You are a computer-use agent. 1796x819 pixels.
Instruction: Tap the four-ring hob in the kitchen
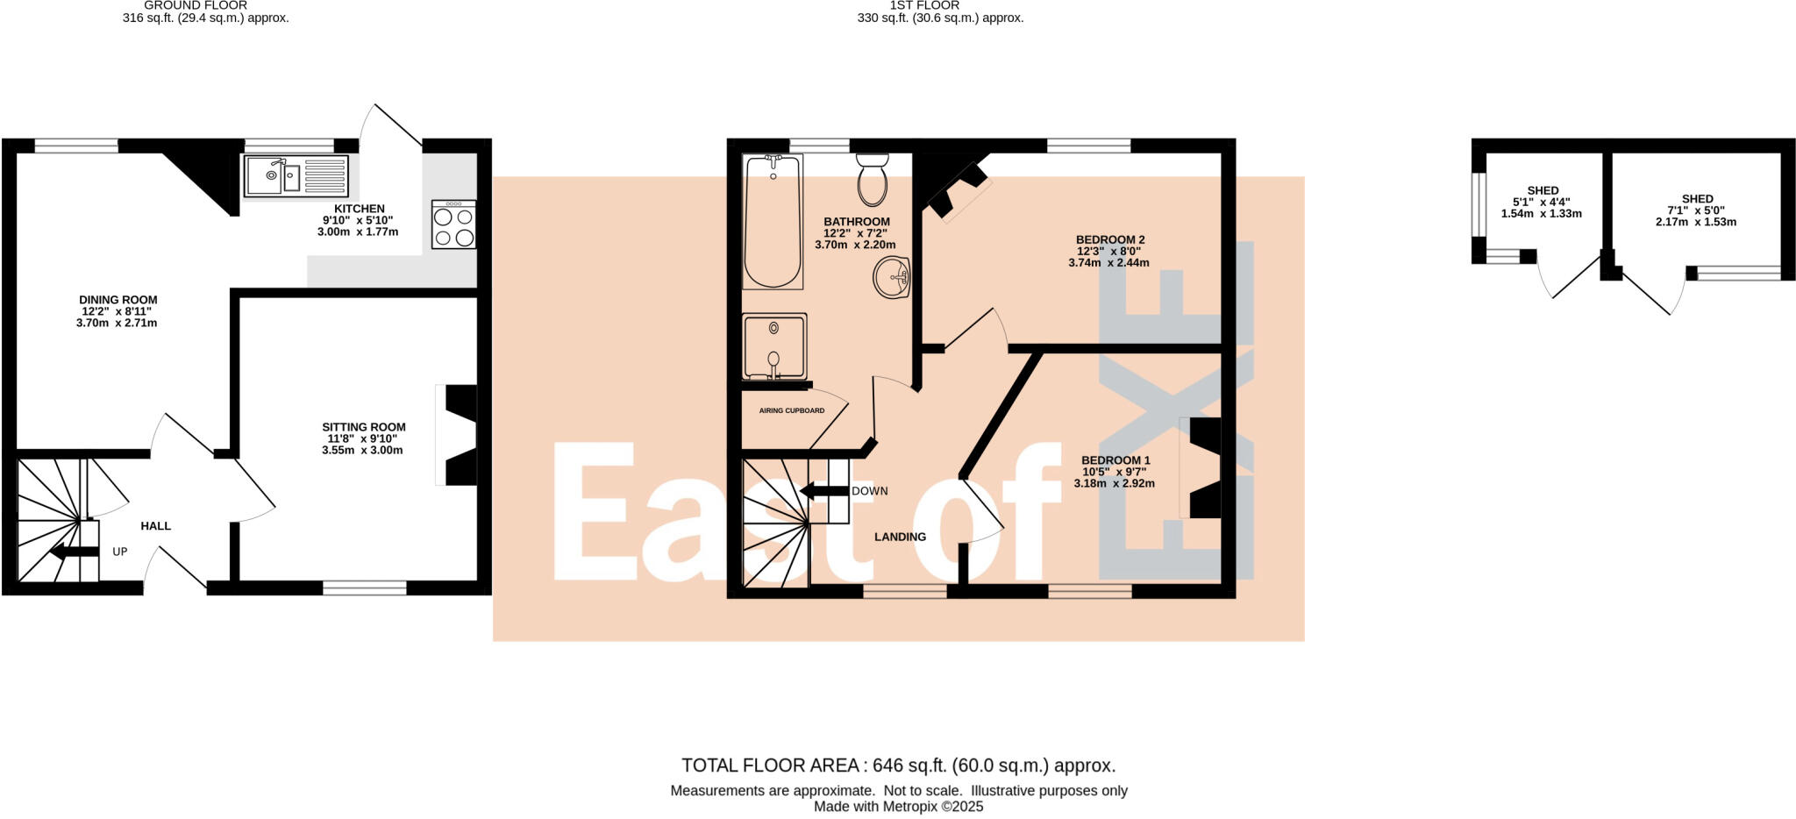click(454, 225)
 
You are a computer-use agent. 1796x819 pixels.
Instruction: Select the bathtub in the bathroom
click(772, 222)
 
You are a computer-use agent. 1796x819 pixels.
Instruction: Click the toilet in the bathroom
click(872, 179)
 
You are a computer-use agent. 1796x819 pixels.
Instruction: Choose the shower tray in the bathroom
click(773, 346)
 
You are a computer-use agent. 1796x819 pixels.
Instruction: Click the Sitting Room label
click(364, 427)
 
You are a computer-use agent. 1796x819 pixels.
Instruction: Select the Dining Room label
click(118, 300)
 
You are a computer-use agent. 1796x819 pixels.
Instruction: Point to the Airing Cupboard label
click(792, 410)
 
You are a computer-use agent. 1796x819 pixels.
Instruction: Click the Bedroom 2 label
click(1110, 239)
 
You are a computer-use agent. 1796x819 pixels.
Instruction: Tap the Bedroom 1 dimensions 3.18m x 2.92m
click(1114, 483)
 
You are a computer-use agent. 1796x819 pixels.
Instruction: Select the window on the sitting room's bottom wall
click(365, 588)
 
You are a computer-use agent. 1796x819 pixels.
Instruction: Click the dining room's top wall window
click(76, 146)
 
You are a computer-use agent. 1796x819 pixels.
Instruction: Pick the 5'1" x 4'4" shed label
click(1543, 190)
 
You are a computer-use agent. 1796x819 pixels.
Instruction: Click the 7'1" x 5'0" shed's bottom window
click(1738, 273)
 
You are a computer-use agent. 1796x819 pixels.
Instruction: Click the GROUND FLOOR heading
click(196, 5)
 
